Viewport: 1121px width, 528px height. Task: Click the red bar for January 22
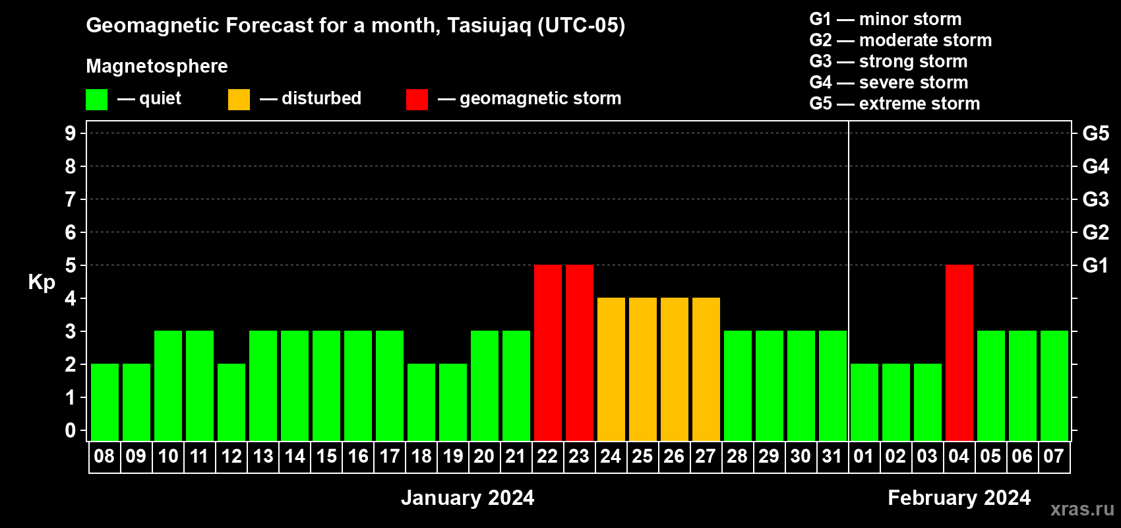pos(548,352)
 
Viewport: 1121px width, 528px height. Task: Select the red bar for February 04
pos(959,352)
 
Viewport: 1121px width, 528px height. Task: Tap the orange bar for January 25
pos(643,369)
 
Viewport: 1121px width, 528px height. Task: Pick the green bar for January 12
pos(231,402)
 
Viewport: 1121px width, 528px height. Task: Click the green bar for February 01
pos(864,402)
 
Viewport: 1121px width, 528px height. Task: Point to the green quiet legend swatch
pos(96,99)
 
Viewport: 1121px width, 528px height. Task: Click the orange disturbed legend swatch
pos(239,99)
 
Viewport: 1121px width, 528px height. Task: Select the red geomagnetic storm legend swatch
pos(417,99)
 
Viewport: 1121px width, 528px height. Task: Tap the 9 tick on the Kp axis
pos(70,133)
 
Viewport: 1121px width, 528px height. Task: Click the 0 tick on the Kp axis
pos(70,430)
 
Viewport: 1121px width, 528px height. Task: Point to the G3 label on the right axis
pos(1095,199)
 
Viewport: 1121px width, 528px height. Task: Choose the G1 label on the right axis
pos(1095,265)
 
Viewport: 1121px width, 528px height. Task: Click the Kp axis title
pos(42,282)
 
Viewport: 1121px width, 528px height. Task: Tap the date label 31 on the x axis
pos(832,456)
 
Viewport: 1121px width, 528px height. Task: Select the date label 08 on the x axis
pos(104,456)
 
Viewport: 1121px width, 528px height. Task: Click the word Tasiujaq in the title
pos(489,26)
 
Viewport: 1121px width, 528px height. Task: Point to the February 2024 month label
pos(959,498)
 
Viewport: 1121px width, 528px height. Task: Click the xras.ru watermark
pos(1083,509)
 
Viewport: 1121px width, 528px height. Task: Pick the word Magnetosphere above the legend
pos(157,66)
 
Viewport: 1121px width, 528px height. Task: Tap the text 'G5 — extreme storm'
pos(894,104)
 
